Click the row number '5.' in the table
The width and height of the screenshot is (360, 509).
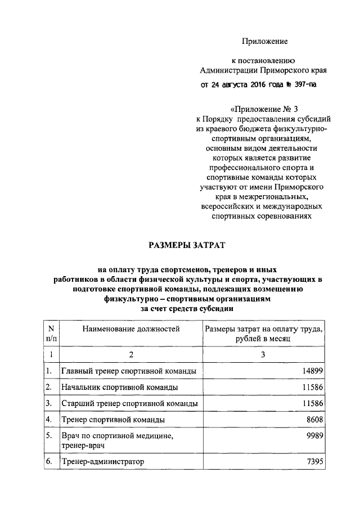[49, 436]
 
